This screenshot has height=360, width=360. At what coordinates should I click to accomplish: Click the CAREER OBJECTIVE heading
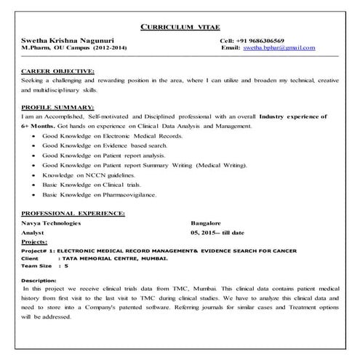58,71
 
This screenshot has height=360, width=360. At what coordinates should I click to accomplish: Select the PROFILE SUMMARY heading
57,107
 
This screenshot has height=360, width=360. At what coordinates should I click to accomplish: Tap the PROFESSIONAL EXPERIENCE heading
73,212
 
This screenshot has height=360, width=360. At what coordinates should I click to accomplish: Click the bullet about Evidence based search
105,145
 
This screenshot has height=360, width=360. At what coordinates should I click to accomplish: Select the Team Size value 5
65,266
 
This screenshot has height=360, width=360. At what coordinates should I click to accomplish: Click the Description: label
39,280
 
